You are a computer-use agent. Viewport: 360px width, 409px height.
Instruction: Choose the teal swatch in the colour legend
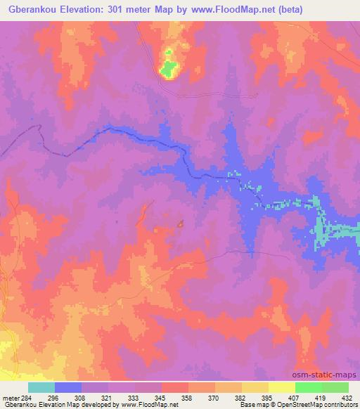[41, 387]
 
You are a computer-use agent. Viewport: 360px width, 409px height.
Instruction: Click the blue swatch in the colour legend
[68, 387]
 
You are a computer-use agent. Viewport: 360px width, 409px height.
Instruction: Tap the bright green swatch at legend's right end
[335, 387]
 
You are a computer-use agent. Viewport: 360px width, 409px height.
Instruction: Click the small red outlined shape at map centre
[181, 224]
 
